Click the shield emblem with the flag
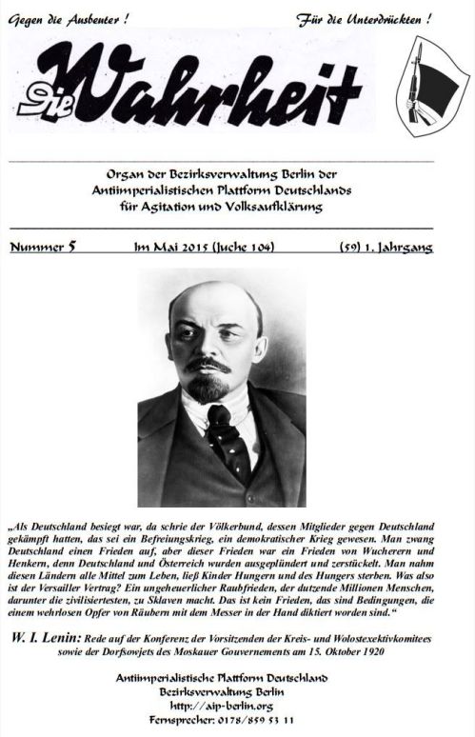431,85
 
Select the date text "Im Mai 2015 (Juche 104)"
206,248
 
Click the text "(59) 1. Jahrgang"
386,248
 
